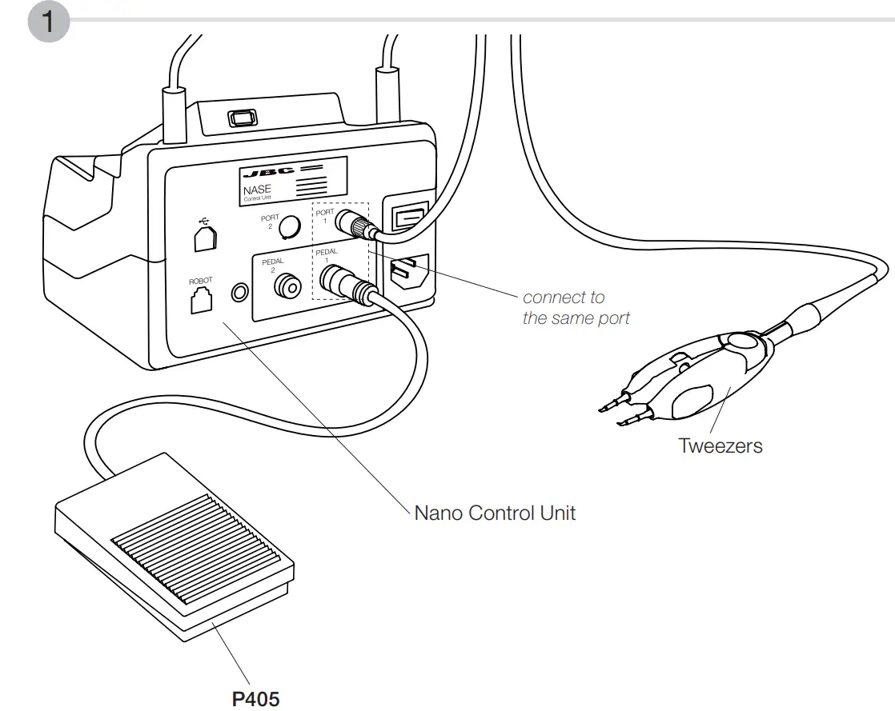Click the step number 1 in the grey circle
click(x=48, y=22)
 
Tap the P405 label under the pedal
click(x=256, y=698)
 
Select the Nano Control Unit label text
click(x=494, y=513)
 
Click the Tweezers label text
click(x=720, y=445)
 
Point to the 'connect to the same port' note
click(x=576, y=308)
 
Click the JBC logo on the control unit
click(x=267, y=172)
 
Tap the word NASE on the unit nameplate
click(x=257, y=190)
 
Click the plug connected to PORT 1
click(x=353, y=223)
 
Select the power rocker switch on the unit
click(x=407, y=217)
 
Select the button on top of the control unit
click(x=241, y=118)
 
